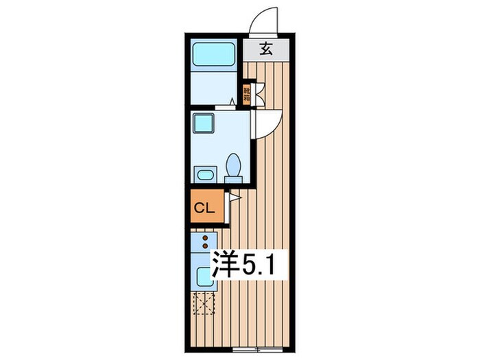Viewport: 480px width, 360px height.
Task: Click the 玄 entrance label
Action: pyautogui.click(x=266, y=49)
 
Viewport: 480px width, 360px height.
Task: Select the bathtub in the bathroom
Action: pyautogui.click(x=214, y=53)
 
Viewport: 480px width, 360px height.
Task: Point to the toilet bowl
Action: pyautogui.click(x=234, y=167)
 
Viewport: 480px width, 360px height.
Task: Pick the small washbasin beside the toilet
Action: pyautogui.click(x=205, y=174)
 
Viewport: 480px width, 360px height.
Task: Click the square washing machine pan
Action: pyautogui.click(x=204, y=123)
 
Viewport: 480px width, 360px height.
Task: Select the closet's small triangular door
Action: pyautogui.click(x=234, y=198)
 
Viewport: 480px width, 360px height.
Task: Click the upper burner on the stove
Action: pyautogui.click(x=204, y=238)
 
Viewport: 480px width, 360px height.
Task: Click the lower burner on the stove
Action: pyautogui.click(x=204, y=245)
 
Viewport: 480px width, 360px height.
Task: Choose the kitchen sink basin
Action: pyautogui.click(x=205, y=276)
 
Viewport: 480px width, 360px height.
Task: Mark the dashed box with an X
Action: pyautogui.click(x=204, y=302)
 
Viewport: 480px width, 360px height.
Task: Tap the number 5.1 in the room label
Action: pyautogui.click(x=261, y=265)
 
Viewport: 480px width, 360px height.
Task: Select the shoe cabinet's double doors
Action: pyautogui.click(x=259, y=94)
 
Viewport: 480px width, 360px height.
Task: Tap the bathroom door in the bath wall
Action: pyautogui.click(x=226, y=106)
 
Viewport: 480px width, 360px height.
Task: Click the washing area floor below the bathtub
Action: pyautogui.click(x=214, y=87)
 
